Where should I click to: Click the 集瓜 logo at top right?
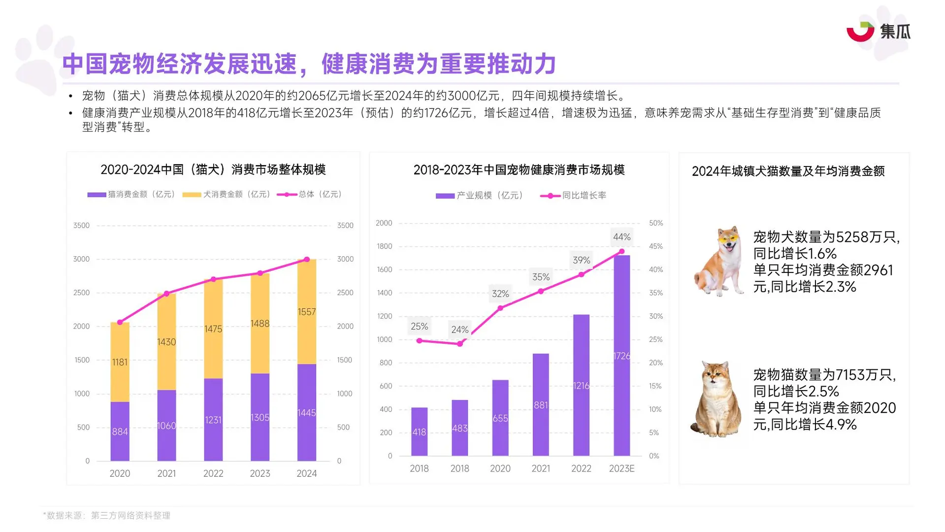878,32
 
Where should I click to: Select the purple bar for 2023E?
621,355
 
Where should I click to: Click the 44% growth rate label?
621,237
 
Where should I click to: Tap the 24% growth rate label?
459,330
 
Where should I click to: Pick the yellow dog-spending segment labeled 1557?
306,312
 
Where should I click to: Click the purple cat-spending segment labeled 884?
120,431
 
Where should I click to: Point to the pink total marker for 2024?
307,259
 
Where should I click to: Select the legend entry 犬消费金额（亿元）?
227,195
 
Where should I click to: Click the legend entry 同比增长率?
574,196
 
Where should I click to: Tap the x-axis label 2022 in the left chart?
213,473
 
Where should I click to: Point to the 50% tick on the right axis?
655,223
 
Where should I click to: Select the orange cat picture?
717,399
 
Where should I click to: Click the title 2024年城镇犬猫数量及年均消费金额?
788,171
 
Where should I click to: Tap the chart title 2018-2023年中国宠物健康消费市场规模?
519,170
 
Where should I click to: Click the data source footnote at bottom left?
107,515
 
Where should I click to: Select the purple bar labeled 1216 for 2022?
581,385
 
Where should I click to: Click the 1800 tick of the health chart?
384,246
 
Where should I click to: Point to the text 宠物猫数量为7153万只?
824,375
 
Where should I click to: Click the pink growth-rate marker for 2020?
500,308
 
